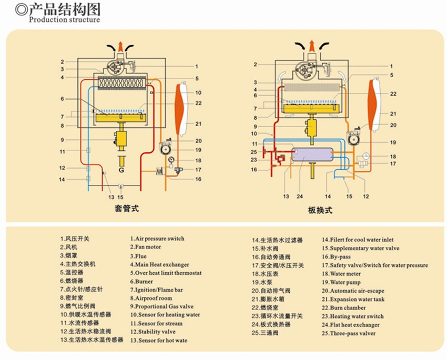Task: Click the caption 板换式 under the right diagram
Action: pos(320,210)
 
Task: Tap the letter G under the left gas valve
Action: pos(121,170)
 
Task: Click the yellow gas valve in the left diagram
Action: pos(122,138)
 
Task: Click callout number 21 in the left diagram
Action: pos(198,124)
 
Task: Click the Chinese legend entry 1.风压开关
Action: pos(75,239)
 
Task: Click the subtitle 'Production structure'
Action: pos(64,20)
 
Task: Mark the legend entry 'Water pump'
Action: pos(344,282)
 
